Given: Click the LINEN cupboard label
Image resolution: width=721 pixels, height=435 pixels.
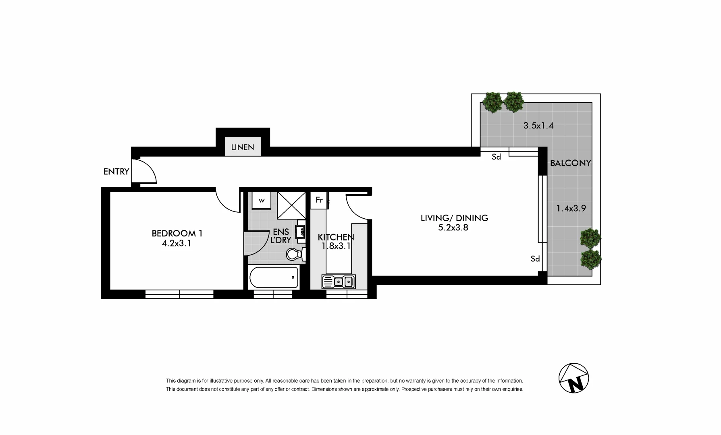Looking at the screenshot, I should [243, 147].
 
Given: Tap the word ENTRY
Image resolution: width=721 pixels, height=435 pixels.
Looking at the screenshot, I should [116, 172].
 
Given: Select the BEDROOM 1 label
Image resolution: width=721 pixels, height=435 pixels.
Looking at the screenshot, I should [177, 233].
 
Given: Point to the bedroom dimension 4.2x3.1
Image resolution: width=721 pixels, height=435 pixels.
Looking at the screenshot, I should [177, 243].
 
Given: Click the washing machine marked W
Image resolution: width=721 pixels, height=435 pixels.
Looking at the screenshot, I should [262, 201].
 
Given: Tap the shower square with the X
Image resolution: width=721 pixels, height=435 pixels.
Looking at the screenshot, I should [291, 205].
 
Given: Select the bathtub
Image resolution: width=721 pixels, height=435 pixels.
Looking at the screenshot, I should [274, 277].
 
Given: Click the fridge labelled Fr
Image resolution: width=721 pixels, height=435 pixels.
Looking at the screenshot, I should [319, 200].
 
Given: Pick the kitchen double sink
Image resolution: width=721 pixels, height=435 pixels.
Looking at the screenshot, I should [339, 282].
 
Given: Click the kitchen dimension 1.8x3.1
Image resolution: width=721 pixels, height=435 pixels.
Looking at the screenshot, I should [336, 246].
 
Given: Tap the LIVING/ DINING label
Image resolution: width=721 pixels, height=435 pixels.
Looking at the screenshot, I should [454, 218].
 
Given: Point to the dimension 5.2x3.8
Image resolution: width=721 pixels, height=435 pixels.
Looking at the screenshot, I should [453, 228].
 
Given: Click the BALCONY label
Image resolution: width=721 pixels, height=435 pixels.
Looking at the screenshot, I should [570, 163].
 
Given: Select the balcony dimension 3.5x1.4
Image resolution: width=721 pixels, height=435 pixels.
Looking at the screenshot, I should [538, 126].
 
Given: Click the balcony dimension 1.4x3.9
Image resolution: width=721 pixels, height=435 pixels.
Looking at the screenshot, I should [571, 209].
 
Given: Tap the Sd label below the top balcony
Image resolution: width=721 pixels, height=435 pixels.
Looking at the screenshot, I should [496, 157].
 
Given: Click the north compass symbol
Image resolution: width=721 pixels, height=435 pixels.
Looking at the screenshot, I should [573, 378].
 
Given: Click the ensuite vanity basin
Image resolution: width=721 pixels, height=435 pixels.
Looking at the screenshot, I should [300, 232].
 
